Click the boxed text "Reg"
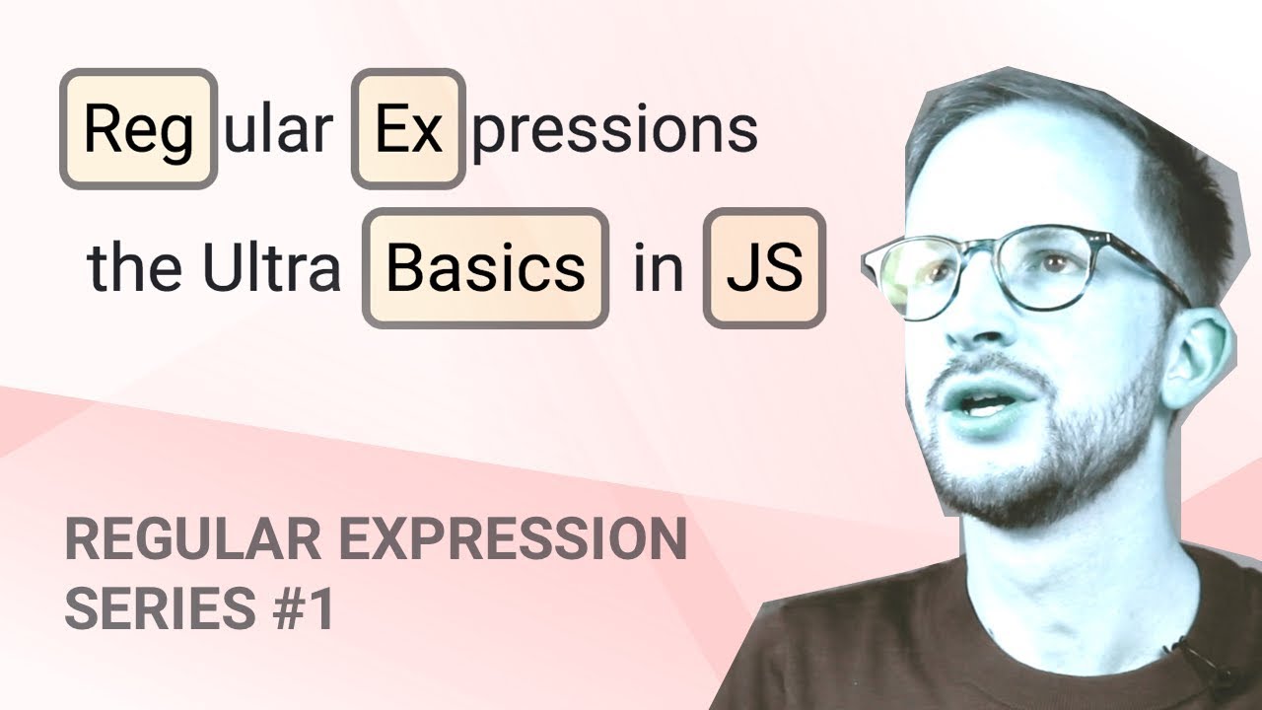[x=138, y=129]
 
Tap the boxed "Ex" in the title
[x=408, y=129]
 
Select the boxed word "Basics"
[x=485, y=268]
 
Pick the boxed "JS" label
[x=764, y=268]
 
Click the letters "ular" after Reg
[x=279, y=129]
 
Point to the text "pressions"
[x=614, y=131]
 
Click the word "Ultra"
[x=271, y=268]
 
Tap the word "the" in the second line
[x=136, y=268]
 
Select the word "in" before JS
[x=658, y=268]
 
